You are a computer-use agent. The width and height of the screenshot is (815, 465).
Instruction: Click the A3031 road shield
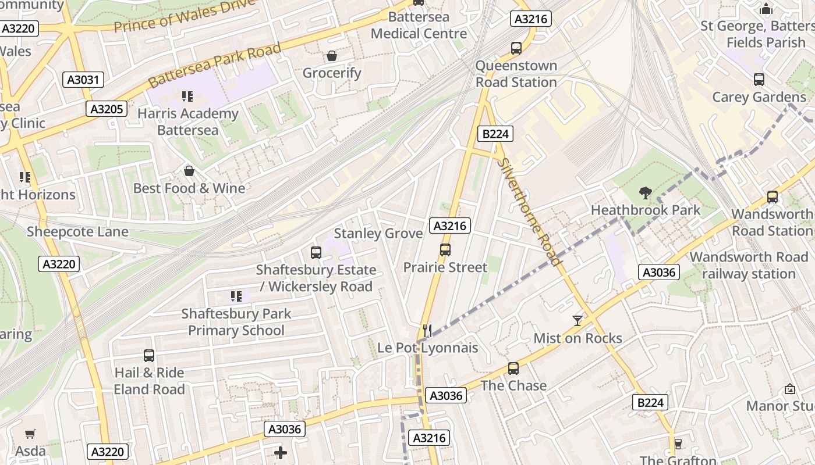coord(83,80)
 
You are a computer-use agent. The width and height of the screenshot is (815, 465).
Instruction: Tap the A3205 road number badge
coord(107,109)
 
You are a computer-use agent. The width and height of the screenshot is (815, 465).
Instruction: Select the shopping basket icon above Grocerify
coord(332,56)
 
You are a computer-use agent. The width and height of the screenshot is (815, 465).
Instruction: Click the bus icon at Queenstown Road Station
coord(516,48)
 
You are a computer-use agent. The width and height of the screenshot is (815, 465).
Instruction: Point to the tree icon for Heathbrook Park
coord(645,193)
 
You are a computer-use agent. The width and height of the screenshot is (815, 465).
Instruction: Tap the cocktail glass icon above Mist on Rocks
coord(577,321)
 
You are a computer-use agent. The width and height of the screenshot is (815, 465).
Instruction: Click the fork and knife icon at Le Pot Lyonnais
coord(428,331)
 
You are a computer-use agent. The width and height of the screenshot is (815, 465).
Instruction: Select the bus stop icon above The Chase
coord(513,369)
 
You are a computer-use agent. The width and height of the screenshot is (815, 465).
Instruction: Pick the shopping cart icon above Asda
coord(30,434)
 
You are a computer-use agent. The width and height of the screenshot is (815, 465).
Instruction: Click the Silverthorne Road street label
coord(530,212)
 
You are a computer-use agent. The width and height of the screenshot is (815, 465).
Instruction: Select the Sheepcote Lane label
coord(77,232)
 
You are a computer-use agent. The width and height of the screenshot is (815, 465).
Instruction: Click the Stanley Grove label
coord(378,234)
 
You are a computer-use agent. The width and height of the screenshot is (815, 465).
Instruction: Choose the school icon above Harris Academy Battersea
coord(187,96)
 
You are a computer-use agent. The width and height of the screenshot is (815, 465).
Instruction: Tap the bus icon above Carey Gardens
coord(759,80)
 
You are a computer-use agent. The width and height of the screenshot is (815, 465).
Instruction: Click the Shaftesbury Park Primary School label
coord(236,322)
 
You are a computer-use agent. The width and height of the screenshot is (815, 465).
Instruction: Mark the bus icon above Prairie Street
coord(445,250)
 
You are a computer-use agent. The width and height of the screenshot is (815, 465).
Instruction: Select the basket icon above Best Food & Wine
coord(189,171)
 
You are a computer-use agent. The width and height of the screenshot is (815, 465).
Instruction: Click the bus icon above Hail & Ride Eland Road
coord(149,356)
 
